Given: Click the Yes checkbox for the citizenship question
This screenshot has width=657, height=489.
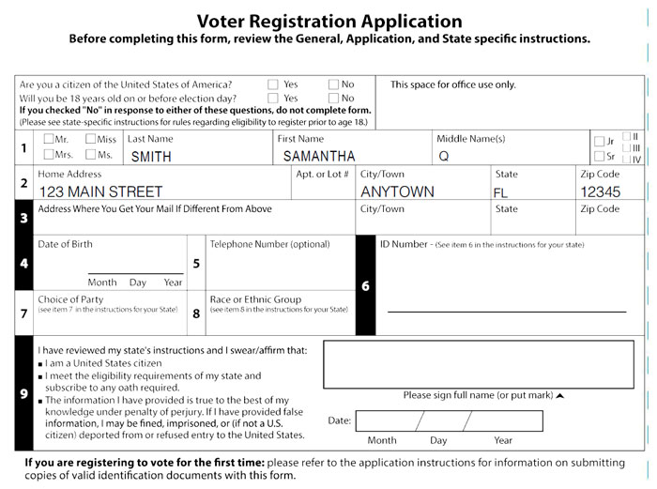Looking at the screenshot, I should [272, 84].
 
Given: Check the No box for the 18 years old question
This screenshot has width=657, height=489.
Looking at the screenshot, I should [333, 98].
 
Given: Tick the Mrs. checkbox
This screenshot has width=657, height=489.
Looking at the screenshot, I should [49, 155].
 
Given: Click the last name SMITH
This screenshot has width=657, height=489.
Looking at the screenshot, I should [151, 157].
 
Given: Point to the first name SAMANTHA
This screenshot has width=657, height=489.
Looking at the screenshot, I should [319, 157].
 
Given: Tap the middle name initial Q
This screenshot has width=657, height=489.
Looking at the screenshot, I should [444, 157].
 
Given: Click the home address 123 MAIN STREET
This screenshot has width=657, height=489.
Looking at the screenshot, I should [100, 191].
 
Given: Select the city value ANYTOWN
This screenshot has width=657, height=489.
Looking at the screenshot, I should [397, 191].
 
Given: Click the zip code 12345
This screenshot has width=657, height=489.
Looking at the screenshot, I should [601, 191].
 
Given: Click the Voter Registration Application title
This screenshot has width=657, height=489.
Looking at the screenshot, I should [328, 22].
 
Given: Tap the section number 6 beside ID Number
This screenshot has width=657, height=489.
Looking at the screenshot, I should [365, 285].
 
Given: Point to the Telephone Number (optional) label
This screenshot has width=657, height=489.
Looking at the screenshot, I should [269, 245].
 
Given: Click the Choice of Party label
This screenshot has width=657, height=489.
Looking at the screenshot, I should [70, 299].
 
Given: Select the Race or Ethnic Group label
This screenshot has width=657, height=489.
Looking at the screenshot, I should [255, 299].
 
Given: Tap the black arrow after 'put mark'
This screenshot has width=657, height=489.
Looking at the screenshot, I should [560, 396].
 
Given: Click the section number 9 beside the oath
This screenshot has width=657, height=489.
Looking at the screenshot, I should [23, 392].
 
